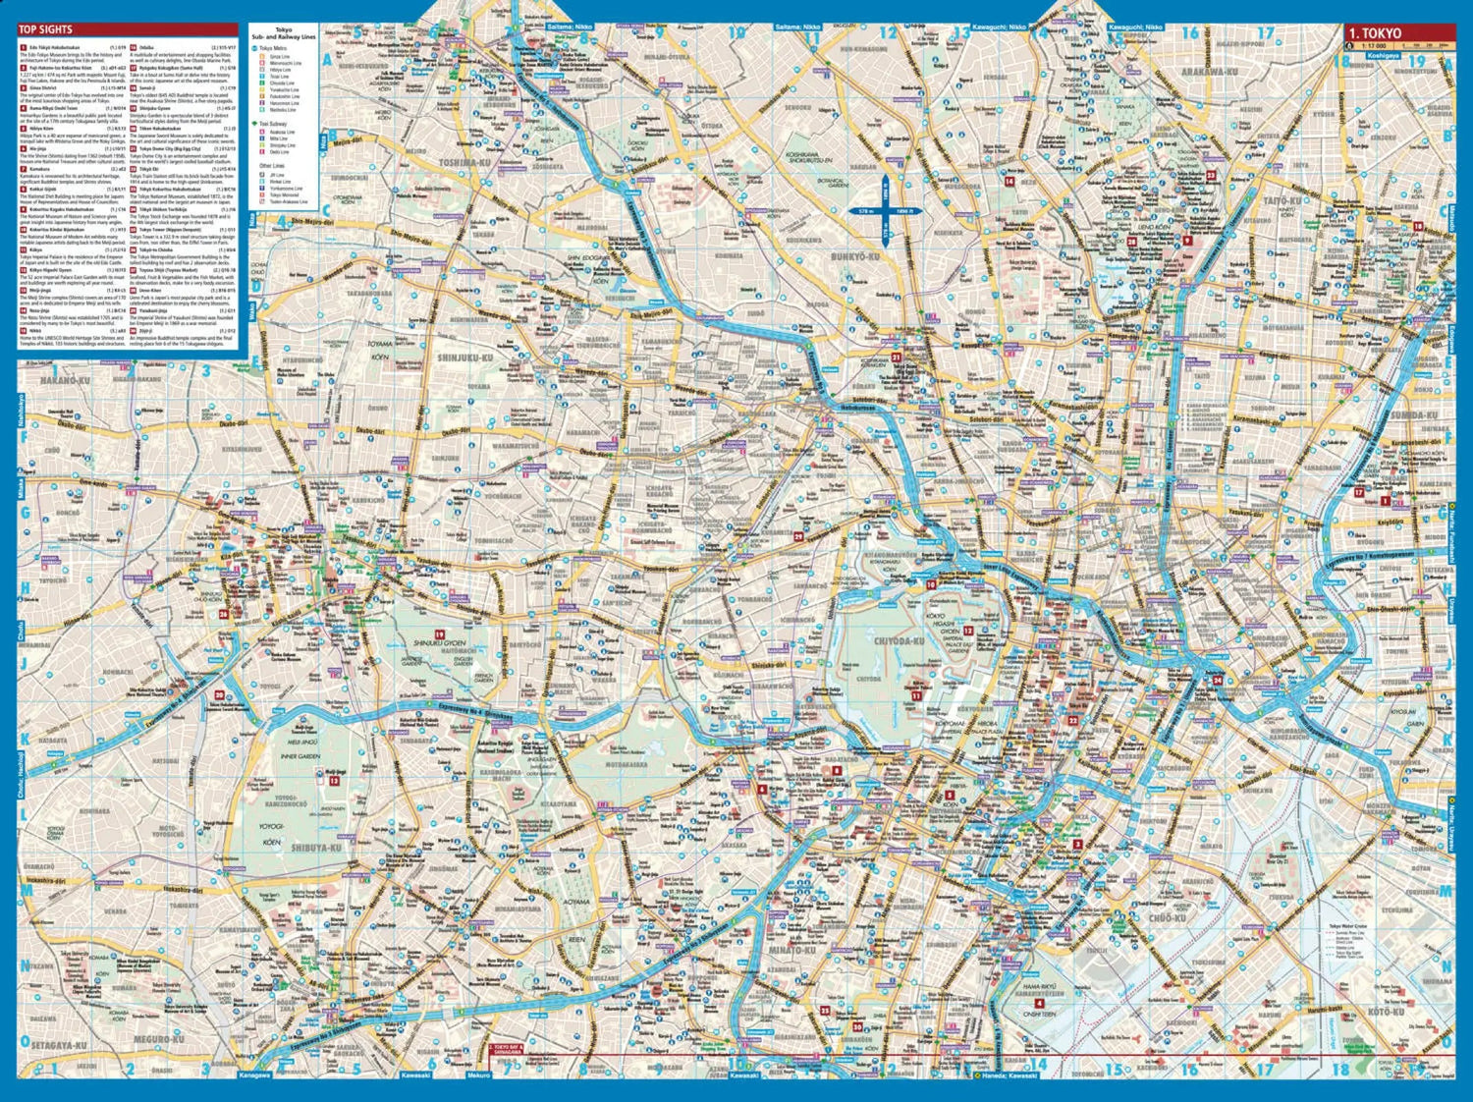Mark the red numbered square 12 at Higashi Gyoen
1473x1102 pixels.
click(x=967, y=631)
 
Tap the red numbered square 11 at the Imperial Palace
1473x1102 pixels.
click(x=916, y=694)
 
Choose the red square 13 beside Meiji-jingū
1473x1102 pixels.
click(x=334, y=782)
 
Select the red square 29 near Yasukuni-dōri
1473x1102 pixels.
click(x=798, y=536)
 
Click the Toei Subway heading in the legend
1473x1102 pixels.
click(x=268, y=125)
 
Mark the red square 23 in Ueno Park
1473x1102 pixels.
click(x=1211, y=176)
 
